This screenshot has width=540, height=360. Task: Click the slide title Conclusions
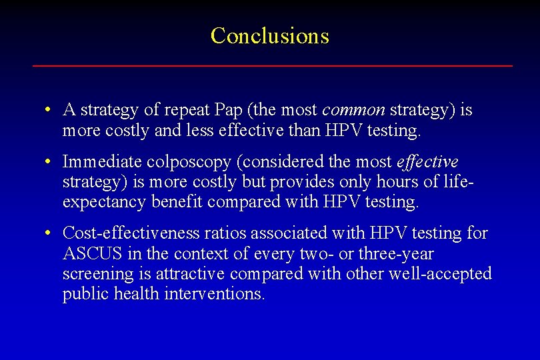(269, 36)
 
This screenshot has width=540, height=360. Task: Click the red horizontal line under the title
(272, 65)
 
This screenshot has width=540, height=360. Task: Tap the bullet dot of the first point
(49, 110)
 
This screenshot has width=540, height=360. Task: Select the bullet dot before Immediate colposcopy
(49, 162)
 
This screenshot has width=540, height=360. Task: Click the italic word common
(353, 110)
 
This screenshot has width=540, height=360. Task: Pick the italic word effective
(427, 162)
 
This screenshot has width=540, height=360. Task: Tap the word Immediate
(93, 162)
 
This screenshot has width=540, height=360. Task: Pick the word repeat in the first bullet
(187, 110)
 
